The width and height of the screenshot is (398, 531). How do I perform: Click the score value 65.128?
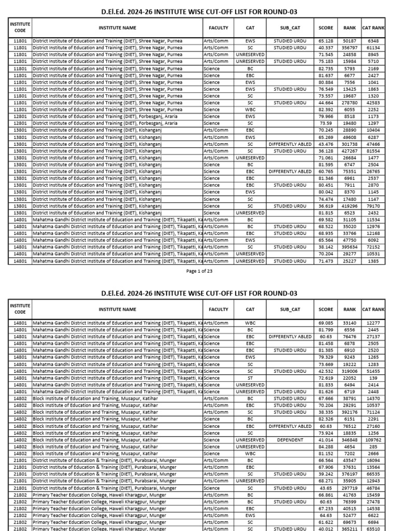coord(325,40)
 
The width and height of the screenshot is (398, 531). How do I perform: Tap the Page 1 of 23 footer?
coord(199,271)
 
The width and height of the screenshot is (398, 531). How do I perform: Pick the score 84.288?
coord(325,446)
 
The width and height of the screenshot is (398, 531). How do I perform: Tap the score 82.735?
coord(325,68)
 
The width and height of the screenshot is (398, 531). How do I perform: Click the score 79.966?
coord(325,117)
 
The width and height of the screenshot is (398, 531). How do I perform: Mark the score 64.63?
coord(325,516)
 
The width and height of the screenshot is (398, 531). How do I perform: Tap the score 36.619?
coord(325,206)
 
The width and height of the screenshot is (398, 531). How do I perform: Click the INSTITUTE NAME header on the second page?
coord(118,310)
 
